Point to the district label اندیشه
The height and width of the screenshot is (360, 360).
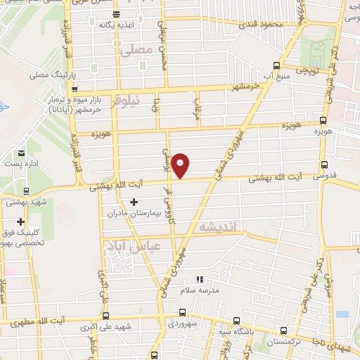click(x=219, y=226)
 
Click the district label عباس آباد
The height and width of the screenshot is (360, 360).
click(x=132, y=246)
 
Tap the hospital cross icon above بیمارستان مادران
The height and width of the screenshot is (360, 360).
click(x=134, y=202)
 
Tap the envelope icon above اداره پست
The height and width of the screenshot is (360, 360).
click(x=21, y=153)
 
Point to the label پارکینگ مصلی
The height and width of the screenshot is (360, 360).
click(x=53, y=73)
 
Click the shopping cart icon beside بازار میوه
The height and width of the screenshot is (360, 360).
click(x=75, y=89)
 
